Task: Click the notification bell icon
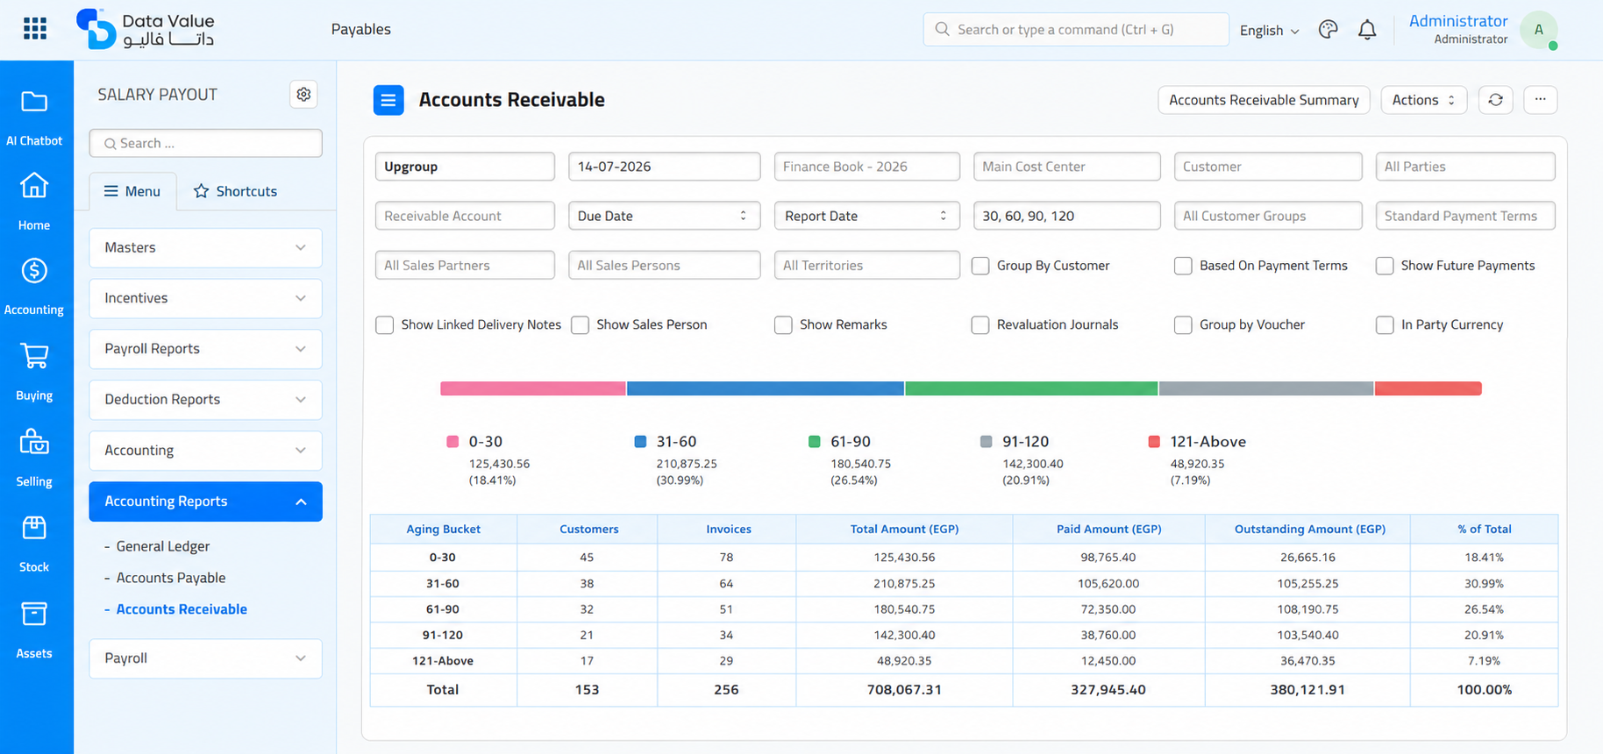pyautogui.click(x=1367, y=30)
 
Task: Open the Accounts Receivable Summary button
pyautogui.click(x=1264, y=100)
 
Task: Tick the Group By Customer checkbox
pyautogui.click(x=980, y=266)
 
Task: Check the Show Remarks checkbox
pyautogui.click(x=783, y=325)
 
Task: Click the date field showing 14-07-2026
pyautogui.click(x=664, y=167)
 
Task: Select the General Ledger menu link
pyautogui.click(x=163, y=546)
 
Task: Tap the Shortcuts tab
pyautogui.click(x=235, y=191)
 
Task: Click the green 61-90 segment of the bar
pyautogui.click(x=1031, y=388)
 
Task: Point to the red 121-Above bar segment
pyautogui.click(x=1428, y=388)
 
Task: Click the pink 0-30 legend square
pyautogui.click(x=452, y=442)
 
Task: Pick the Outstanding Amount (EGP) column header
pyautogui.click(x=1309, y=529)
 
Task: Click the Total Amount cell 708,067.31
pyautogui.click(x=904, y=690)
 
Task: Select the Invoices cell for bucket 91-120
pyautogui.click(x=726, y=635)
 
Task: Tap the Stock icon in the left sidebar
pyautogui.click(x=34, y=528)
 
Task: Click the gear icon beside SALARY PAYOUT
pyautogui.click(x=303, y=94)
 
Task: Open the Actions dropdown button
pyautogui.click(x=1423, y=100)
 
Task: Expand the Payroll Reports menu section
pyautogui.click(x=205, y=349)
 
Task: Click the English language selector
pyautogui.click(x=1269, y=31)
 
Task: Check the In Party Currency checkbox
pyautogui.click(x=1385, y=325)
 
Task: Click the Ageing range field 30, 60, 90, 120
pyautogui.click(x=1066, y=216)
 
